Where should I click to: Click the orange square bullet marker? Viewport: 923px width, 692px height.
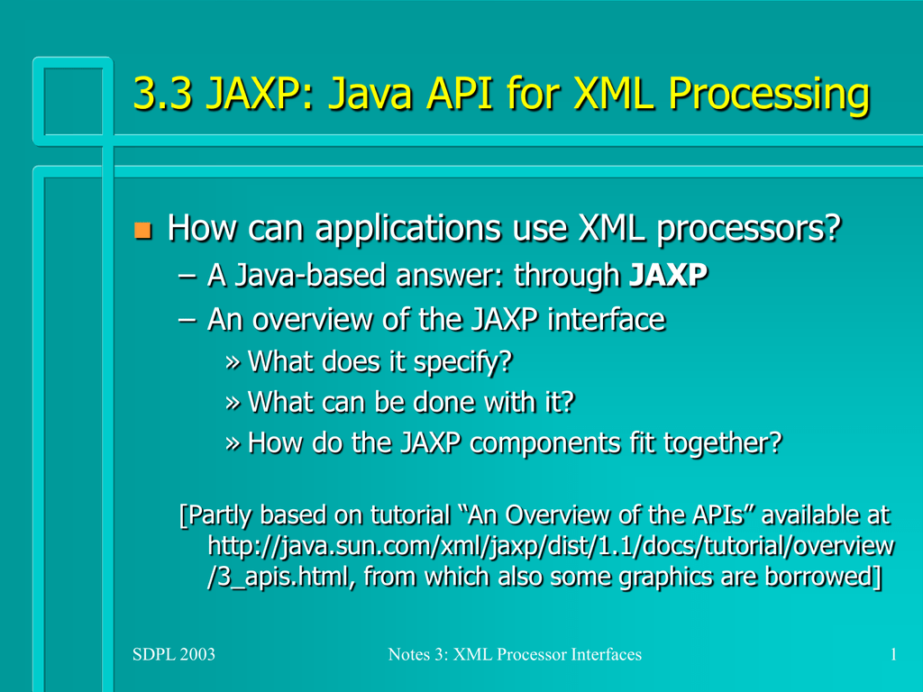[143, 230]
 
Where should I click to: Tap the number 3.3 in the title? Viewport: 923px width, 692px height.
[162, 94]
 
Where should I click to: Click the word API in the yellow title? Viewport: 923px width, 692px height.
[459, 94]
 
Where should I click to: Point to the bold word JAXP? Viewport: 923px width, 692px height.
[668, 275]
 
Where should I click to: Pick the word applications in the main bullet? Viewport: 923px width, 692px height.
[408, 230]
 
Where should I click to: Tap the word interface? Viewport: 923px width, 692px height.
[607, 320]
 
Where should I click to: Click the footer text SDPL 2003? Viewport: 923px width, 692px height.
[174, 654]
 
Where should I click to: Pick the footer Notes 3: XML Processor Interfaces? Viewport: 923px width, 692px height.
[515, 654]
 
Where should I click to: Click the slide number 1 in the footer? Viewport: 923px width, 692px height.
[893, 654]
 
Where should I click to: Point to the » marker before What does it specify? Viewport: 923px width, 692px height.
[233, 363]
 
